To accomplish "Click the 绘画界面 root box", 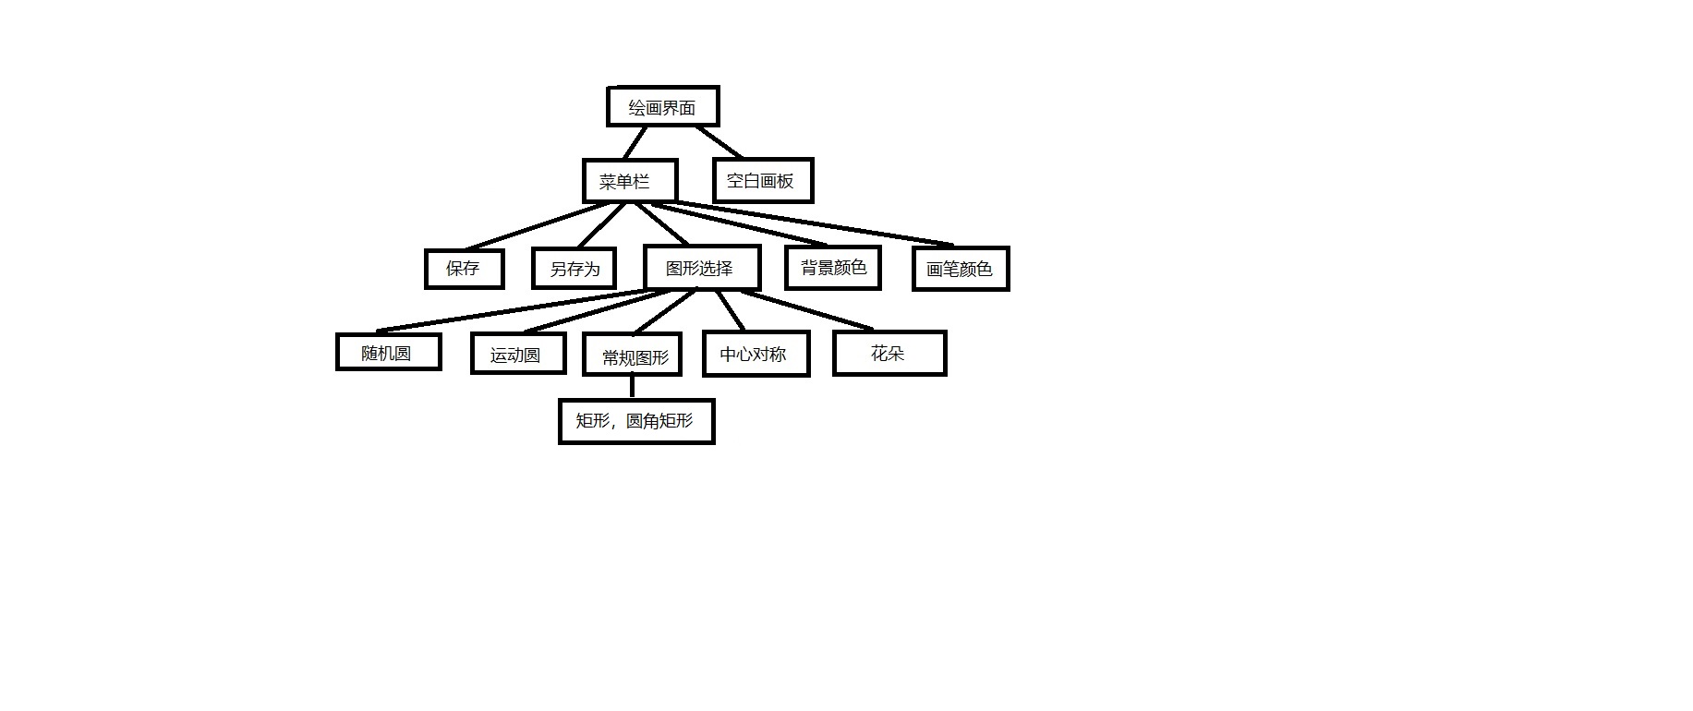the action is coord(662,107).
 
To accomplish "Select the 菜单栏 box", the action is coord(630,181).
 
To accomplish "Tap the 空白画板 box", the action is coord(762,181).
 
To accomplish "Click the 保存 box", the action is coord(464,269).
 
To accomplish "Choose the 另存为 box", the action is coord(574,269).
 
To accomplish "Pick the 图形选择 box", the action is coord(701,269).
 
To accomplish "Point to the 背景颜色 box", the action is coord(833,268).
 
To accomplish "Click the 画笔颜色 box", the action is coord(960,269).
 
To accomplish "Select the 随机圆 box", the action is coord(388,352).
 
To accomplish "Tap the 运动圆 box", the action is coord(517,355).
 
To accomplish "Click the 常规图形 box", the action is coord(633,355).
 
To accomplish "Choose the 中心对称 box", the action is coord(755,354).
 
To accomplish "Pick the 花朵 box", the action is coord(889,353).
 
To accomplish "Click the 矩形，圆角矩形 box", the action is coord(636,421).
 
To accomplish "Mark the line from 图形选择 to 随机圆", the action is coord(517,310).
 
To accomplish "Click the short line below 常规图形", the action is coord(632,386).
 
